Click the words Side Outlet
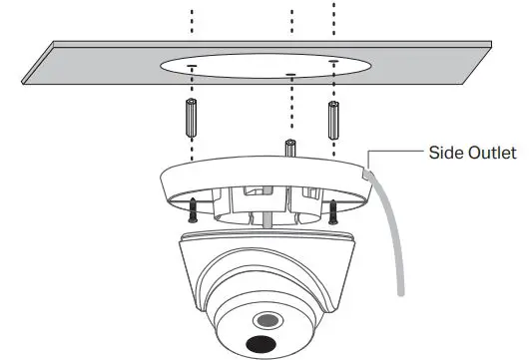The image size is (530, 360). click(x=471, y=153)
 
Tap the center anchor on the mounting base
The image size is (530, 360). click(x=288, y=148)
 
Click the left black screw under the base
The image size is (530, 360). click(x=190, y=208)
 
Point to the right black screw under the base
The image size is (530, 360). click(x=332, y=209)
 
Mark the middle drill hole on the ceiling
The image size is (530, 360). click(x=289, y=74)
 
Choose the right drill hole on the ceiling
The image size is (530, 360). click(x=332, y=66)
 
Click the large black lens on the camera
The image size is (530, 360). click(x=263, y=345)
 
